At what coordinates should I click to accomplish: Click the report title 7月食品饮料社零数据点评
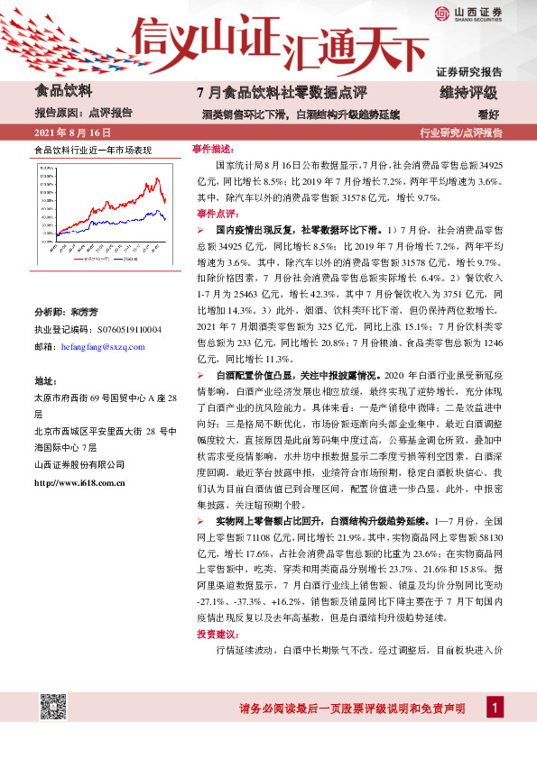click(x=268, y=93)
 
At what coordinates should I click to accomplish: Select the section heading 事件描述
click(x=213, y=149)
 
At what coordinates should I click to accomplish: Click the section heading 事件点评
click(x=213, y=214)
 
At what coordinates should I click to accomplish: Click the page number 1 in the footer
click(x=495, y=708)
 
